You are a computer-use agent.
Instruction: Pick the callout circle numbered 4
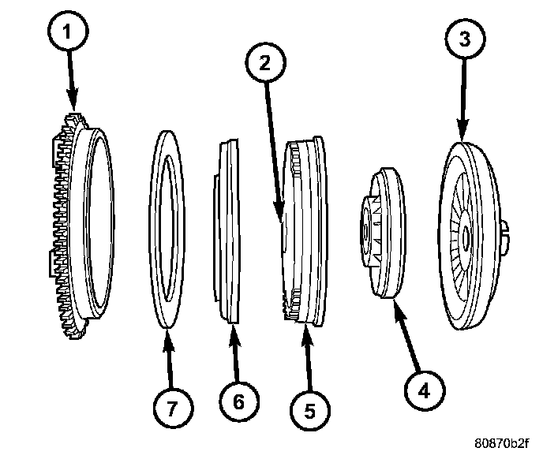tap(424, 390)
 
